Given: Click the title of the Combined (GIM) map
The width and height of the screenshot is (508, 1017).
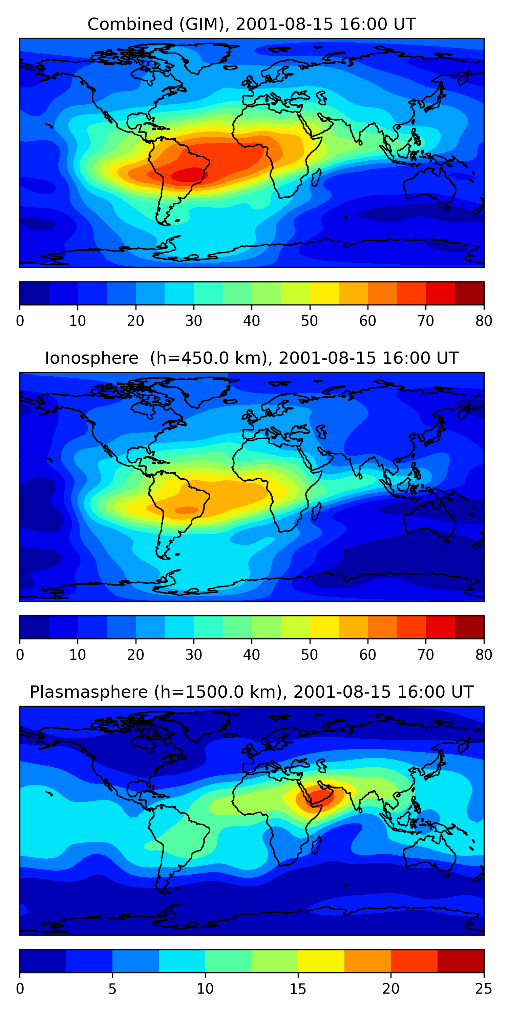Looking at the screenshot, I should tap(252, 24).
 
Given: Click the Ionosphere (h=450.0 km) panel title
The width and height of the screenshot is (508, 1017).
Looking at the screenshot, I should tap(252, 358).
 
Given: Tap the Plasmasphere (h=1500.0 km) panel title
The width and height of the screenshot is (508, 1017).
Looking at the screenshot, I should tap(252, 692).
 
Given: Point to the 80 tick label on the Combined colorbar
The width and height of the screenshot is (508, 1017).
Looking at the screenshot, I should tap(484, 321).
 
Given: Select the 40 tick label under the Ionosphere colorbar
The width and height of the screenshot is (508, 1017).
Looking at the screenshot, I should tap(252, 655).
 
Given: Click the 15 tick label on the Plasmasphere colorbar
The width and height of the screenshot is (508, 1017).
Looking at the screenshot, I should tap(298, 989).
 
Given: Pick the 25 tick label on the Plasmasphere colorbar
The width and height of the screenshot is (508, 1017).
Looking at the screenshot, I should tap(484, 989).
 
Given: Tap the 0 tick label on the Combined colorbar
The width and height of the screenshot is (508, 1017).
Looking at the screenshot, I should tap(20, 321).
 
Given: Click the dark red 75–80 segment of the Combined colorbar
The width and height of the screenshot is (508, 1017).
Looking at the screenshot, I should tap(469, 293).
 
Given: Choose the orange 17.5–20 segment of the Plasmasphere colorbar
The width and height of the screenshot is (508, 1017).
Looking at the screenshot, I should tap(367, 961).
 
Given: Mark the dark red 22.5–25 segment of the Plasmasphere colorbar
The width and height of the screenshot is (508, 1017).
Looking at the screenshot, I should tap(461, 961).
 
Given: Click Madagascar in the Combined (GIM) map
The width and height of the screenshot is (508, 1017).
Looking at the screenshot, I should tap(316, 178).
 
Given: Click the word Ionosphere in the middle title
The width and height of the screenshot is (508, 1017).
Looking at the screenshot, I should tap(91, 358).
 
